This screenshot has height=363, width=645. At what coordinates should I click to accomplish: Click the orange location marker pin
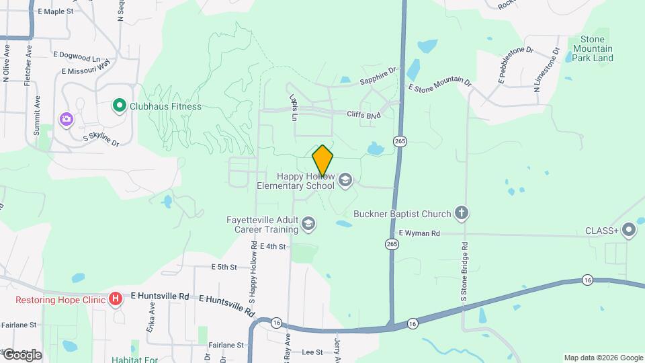[x=323, y=160]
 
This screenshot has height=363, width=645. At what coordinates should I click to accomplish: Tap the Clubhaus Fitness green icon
[x=119, y=106]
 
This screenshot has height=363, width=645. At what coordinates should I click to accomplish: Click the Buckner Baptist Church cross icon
[x=461, y=214]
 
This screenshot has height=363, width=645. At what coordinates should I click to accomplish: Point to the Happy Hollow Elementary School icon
[x=345, y=179]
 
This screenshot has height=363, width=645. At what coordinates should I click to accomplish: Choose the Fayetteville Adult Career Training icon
[x=308, y=223]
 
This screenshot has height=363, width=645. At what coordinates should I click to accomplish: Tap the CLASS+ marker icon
[x=629, y=231]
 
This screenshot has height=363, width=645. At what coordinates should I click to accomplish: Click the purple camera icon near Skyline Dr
[x=66, y=119]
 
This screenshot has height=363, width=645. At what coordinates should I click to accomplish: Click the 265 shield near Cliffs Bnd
[x=401, y=141]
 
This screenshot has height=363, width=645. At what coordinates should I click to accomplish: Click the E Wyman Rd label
[x=419, y=233]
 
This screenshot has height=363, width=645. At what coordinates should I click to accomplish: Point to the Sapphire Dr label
[x=378, y=75]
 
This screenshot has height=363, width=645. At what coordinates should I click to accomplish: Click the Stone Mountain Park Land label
[x=593, y=48]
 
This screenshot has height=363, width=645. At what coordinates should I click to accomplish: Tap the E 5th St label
[x=224, y=267]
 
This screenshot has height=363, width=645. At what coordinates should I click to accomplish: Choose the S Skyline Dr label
[x=101, y=140]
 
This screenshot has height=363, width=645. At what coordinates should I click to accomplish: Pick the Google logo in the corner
[x=22, y=355]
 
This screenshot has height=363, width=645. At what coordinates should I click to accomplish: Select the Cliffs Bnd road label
[x=363, y=115]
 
